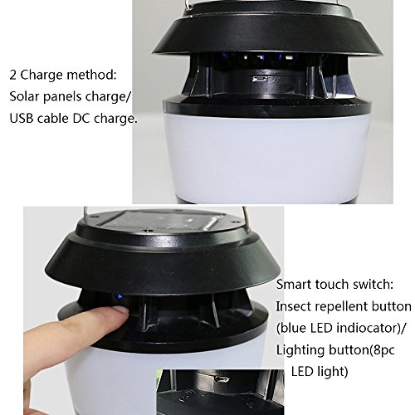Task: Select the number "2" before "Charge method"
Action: tap(13, 75)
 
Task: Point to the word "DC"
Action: tap(81, 118)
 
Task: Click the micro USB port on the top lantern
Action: tap(260, 79)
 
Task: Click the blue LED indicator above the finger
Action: tap(120, 297)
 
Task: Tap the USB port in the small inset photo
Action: tap(222, 378)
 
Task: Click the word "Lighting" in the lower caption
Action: tap(300, 351)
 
